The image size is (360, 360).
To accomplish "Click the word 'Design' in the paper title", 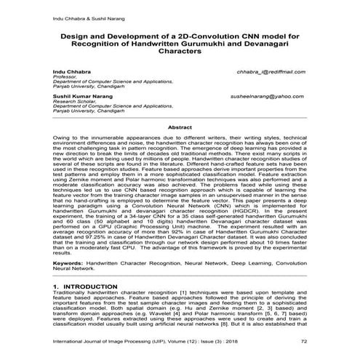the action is [73, 35].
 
